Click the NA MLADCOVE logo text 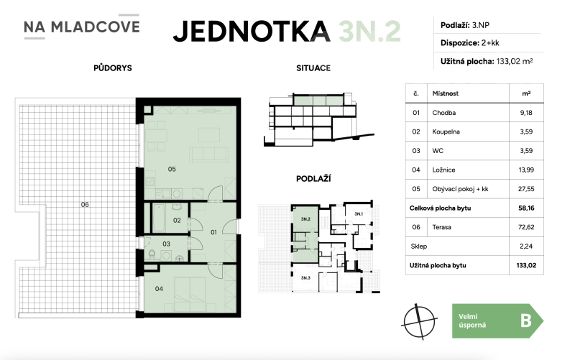coord(81,27)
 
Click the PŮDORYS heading coord(111,68)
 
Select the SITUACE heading coord(313,68)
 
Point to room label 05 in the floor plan coord(172,170)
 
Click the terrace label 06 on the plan coord(85,205)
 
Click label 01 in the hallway coord(213,231)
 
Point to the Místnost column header coord(446,93)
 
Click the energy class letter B coord(525,320)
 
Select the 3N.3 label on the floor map coord(305,277)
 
